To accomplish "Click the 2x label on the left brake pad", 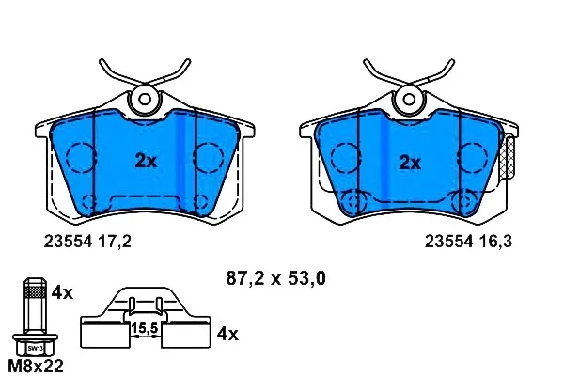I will (146, 161).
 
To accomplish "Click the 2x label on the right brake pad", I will (410, 163).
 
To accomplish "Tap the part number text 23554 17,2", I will (87, 242).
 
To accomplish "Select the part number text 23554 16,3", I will (467, 242).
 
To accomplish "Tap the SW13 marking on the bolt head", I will (34, 347).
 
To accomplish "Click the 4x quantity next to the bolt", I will (62, 292).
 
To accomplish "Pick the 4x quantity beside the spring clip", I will (228, 334).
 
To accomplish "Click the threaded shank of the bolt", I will (34, 307).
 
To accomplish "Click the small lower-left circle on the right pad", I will (354, 201).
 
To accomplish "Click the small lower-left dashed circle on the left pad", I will (90, 202).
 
